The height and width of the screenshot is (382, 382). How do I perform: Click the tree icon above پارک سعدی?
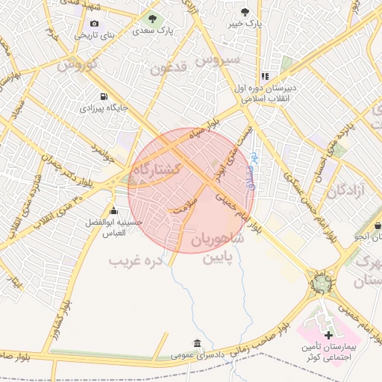point(152,19)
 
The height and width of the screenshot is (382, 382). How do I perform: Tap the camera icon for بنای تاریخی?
point(93,23)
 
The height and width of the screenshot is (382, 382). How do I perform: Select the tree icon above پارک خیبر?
point(245,12)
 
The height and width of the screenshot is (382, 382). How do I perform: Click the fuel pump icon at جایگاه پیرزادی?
point(103,96)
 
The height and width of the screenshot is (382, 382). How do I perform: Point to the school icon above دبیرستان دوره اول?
point(264,76)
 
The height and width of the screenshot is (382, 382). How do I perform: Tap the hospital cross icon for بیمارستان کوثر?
point(329,336)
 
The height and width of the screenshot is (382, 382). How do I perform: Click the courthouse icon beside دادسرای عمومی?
point(197,343)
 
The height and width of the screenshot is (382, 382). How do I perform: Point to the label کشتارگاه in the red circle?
point(157,170)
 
